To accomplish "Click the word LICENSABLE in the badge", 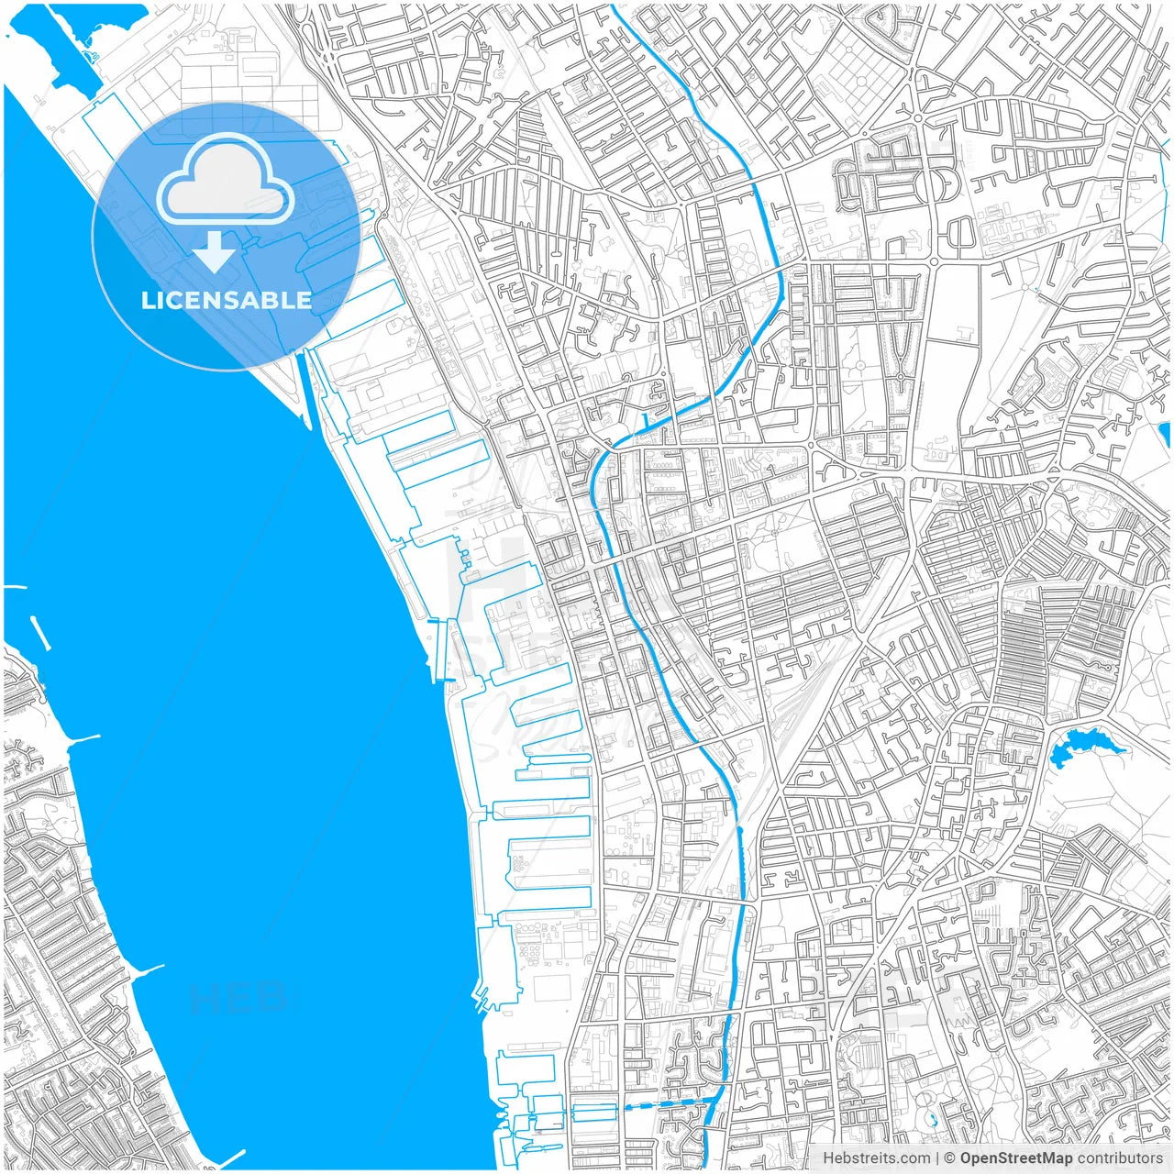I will (x=226, y=300).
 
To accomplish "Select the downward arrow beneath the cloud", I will (x=215, y=252).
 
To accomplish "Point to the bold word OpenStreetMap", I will (x=1015, y=1158).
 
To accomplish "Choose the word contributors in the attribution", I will (x=1120, y=1158).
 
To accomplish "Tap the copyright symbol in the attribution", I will (x=950, y=1158).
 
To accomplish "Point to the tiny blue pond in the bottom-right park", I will (x=932, y=1118).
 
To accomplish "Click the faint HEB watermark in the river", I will (x=237, y=998).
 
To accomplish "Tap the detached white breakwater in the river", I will (x=40, y=633).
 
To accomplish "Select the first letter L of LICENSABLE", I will (x=147, y=300).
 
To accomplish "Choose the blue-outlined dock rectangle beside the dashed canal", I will (x=594, y=1113).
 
